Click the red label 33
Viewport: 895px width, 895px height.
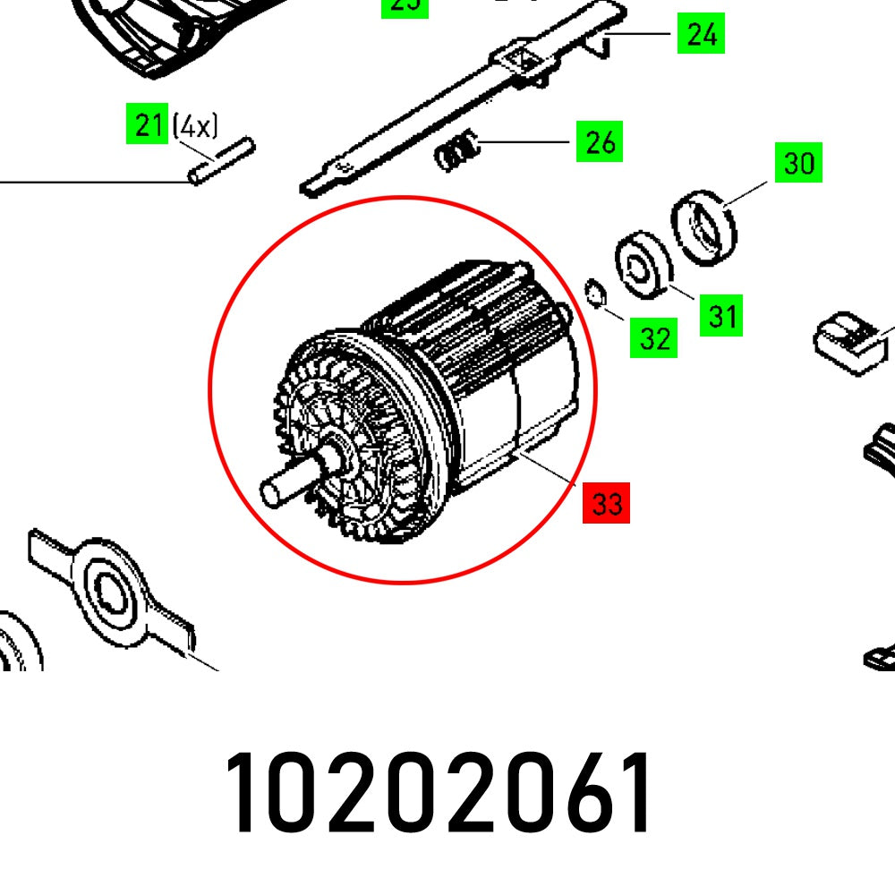pyautogui.click(x=606, y=504)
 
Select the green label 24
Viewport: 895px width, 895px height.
pyautogui.click(x=701, y=35)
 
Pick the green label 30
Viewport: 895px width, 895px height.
pyautogui.click(x=798, y=163)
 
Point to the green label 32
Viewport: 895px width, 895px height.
pyautogui.click(x=654, y=337)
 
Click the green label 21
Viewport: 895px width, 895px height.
pyautogui.click(x=147, y=125)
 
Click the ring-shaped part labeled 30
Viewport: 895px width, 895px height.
pyautogui.click(x=704, y=226)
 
